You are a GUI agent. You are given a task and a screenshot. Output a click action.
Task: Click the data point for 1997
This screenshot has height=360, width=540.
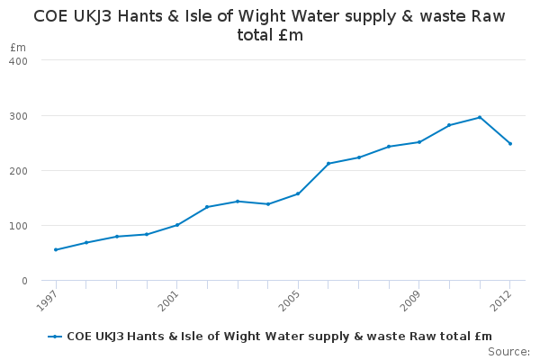pyautogui.click(x=56, y=249)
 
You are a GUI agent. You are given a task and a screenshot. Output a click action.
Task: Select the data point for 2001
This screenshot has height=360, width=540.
pyautogui.click(x=177, y=225)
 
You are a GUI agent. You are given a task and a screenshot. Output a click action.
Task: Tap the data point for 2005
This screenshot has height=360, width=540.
pyautogui.click(x=298, y=193)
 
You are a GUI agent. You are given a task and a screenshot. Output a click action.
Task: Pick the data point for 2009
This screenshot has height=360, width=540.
pyautogui.click(x=419, y=142)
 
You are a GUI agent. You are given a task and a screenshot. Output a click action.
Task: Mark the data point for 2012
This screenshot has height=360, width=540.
pyautogui.click(x=510, y=143)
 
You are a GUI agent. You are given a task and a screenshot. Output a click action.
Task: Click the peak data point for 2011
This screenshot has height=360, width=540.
pyautogui.click(x=480, y=117)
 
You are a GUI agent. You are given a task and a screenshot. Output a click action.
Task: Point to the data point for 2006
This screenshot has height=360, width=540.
pyautogui.click(x=328, y=164)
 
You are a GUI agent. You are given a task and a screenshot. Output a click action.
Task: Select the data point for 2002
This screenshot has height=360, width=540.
pyautogui.click(x=207, y=207)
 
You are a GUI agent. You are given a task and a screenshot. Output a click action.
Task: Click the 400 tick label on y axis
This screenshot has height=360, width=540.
pyautogui.click(x=19, y=60)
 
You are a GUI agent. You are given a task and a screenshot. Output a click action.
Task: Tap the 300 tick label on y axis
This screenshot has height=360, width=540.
pyautogui.click(x=19, y=116)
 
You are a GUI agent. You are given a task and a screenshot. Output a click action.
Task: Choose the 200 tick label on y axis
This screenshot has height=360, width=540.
pyautogui.click(x=19, y=171)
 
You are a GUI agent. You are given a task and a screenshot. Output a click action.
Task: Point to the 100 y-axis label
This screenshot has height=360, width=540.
pyautogui.click(x=19, y=226)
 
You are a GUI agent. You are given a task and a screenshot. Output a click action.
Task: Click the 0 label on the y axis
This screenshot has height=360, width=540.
pyautogui.click(x=24, y=281)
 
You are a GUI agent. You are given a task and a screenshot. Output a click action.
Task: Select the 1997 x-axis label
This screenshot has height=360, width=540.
pyautogui.click(x=49, y=298)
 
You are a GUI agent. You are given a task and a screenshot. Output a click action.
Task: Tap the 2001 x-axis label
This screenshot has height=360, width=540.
pyautogui.click(x=170, y=298)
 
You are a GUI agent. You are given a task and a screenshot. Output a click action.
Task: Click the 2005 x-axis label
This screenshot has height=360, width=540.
pyautogui.click(x=291, y=298)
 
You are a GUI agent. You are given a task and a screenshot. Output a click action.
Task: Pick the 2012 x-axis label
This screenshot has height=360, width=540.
pyautogui.click(x=503, y=298)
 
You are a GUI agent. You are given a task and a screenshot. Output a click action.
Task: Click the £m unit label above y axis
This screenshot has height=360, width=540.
pyautogui.click(x=16, y=47)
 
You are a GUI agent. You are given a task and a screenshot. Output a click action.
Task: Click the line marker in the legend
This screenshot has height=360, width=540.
pyautogui.click(x=56, y=337)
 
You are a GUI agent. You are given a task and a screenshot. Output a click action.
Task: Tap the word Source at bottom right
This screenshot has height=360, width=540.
pyautogui.click(x=509, y=352)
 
